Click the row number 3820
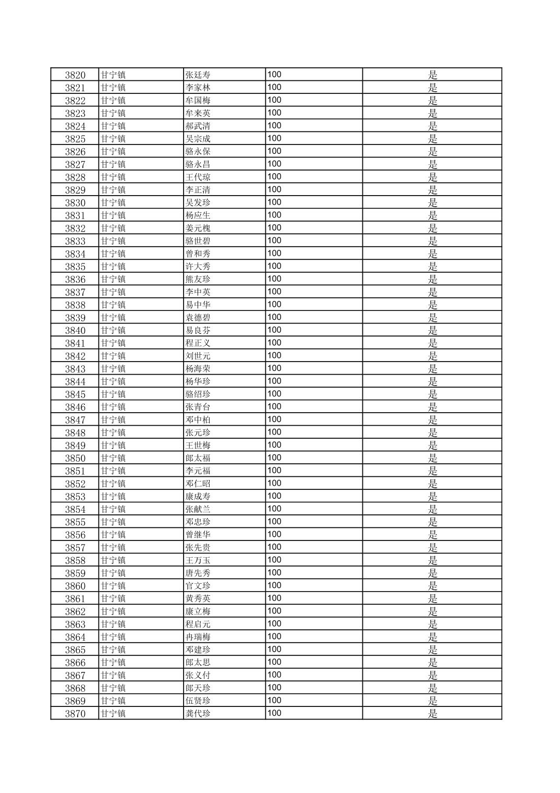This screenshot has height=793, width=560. coord(75,75)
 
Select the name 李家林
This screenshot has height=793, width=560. coord(198,88)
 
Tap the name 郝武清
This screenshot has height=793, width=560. coord(198,126)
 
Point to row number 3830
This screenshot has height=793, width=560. coord(75,203)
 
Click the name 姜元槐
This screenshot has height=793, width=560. coord(198,229)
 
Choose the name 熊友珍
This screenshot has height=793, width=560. coord(198,280)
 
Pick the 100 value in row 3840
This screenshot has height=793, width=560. coord(274,330)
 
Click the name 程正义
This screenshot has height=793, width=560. coord(198,343)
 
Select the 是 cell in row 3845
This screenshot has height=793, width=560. coord(433,394)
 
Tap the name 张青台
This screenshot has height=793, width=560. coord(198,407)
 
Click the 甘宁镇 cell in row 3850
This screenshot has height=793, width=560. coord(113,459)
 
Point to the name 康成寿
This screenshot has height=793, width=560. coord(198,497)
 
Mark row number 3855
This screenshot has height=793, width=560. coord(75,522)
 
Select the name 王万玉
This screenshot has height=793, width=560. coord(198,561)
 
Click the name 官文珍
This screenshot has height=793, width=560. coord(198,586)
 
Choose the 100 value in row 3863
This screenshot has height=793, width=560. coord(274,624)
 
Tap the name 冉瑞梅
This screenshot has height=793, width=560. coord(198,638)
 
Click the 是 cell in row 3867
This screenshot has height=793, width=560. coord(433,676)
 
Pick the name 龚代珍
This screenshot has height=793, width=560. coord(198,714)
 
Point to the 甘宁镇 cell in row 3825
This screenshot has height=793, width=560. coord(113,139)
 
